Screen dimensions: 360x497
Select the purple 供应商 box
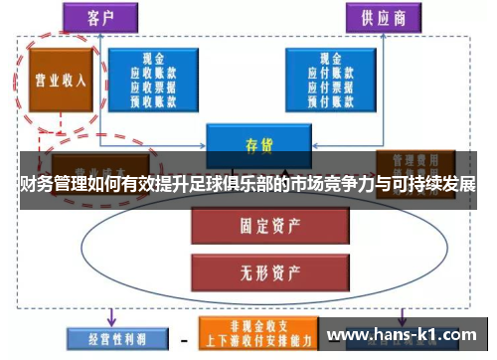[x=378, y=17]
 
